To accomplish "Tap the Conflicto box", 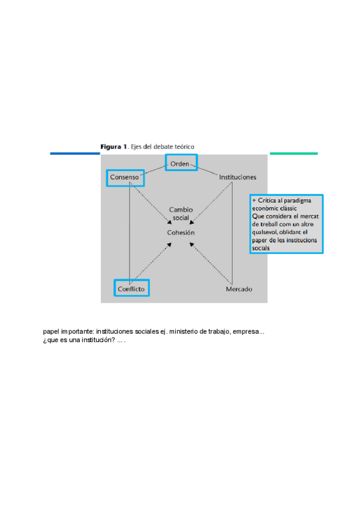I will pos(131,288).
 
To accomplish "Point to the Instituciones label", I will pos(238,177).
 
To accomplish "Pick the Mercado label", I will pos(239,289).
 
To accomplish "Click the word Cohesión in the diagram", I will pos(181,232).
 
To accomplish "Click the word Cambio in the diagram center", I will pos(181,209).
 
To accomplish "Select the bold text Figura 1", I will pos(114,146).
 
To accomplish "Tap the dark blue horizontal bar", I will pos(74,154).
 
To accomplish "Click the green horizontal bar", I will pos(293,154).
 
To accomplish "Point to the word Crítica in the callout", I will pos(268,200).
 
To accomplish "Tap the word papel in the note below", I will pos(51,331).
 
